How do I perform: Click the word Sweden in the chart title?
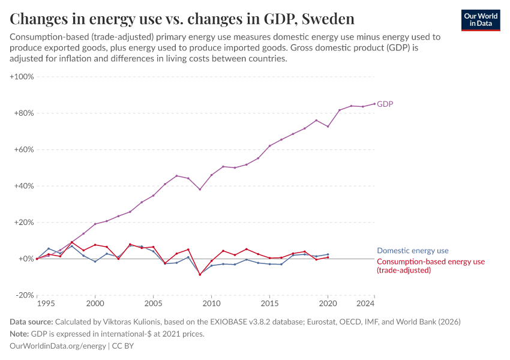pyautogui.click(x=328, y=19)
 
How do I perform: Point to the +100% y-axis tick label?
pyautogui.click(x=22, y=77)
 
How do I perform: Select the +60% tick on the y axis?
pyautogui.click(x=23, y=149)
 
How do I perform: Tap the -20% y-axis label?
pyautogui.click(x=24, y=295)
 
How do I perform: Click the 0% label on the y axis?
pyautogui.click(x=26, y=259)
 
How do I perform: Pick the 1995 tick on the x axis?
pyautogui.click(x=37, y=304)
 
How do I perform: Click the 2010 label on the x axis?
pyautogui.click(x=211, y=304)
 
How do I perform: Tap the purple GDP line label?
pyautogui.click(x=385, y=104)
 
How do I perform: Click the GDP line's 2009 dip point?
pyautogui.click(x=200, y=190)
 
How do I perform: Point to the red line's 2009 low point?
pyautogui.click(x=200, y=274)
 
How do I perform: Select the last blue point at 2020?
pyautogui.click(x=328, y=254)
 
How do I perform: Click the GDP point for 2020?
pyautogui.click(x=328, y=126)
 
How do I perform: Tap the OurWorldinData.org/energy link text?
pyautogui.click(x=58, y=346)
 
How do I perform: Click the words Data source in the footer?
pyautogui.click(x=31, y=322)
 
